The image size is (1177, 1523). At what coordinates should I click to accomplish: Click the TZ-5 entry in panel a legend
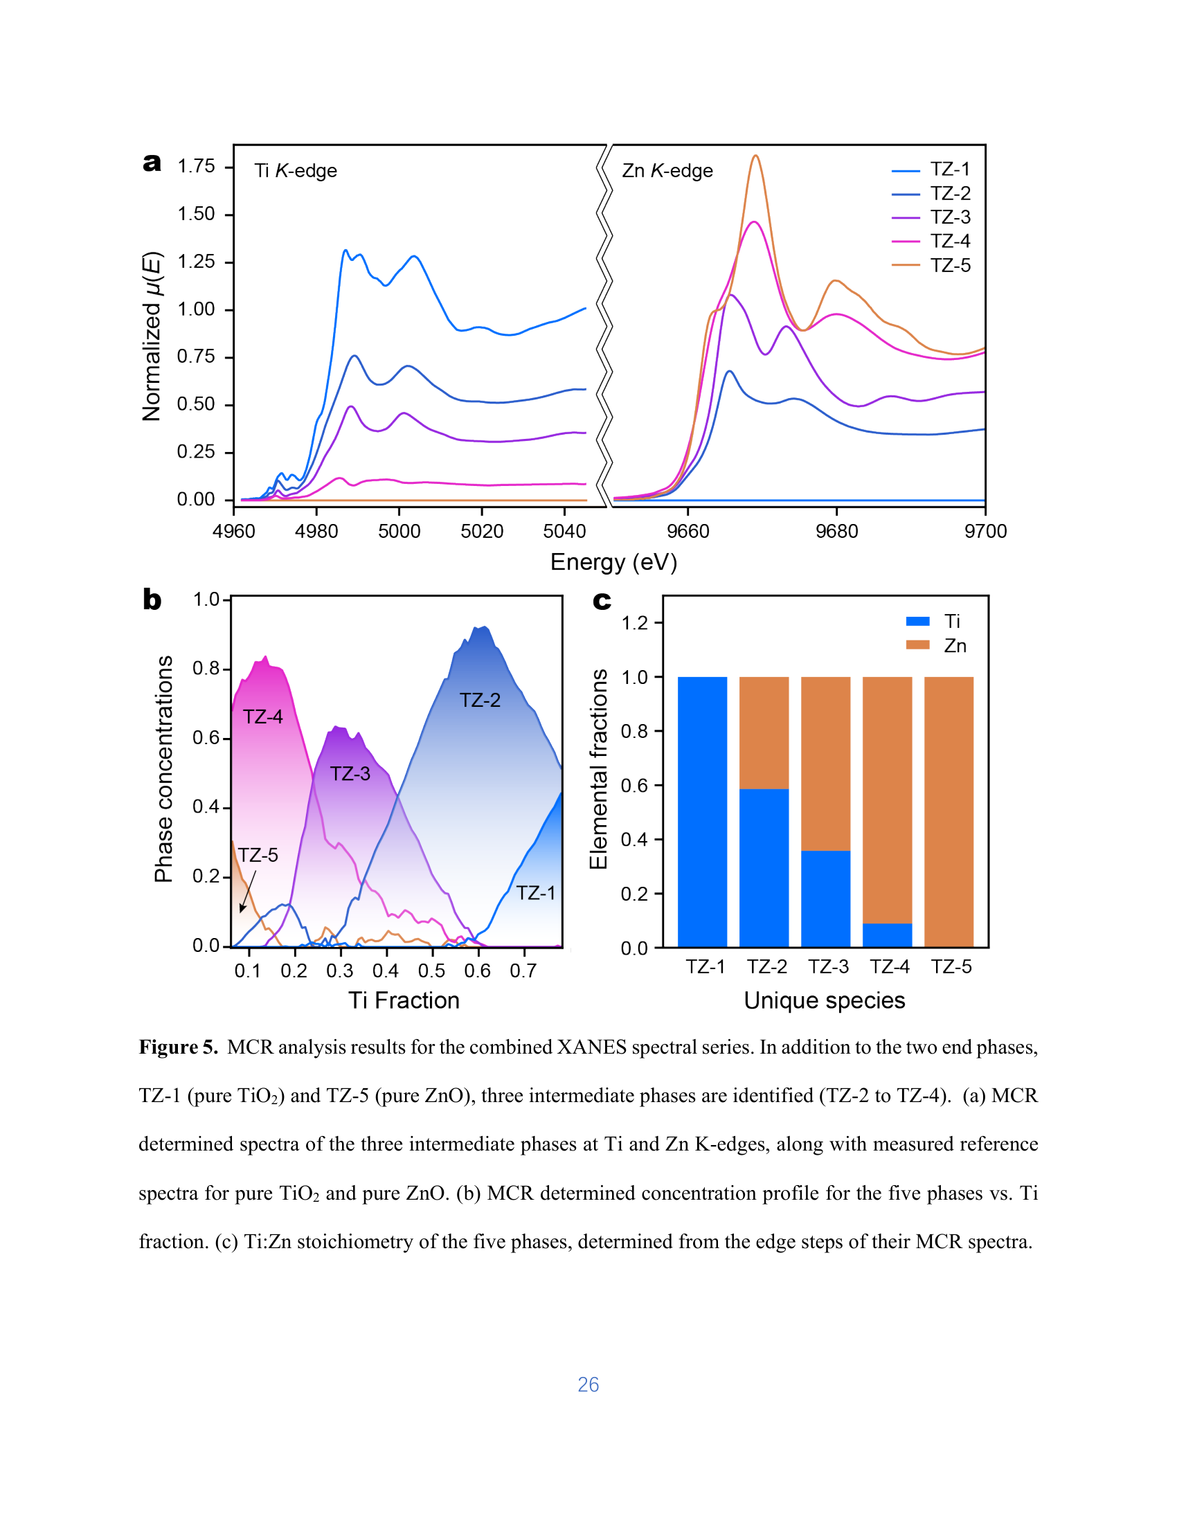click(930, 266)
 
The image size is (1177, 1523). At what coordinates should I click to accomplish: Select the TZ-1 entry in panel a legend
click(930, 170)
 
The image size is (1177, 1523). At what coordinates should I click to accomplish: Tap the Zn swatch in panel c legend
click(917, 645)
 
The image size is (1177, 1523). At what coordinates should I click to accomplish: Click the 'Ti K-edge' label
click(295, 171)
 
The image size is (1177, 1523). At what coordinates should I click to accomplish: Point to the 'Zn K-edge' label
click(667, 171)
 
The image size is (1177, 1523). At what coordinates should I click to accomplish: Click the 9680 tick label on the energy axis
click(837, 532)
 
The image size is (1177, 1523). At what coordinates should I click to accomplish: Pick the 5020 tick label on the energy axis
click(482, 532)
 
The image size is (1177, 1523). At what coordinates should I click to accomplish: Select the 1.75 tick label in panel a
click(196, 166)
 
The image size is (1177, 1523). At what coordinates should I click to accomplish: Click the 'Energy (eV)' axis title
click(613, 562)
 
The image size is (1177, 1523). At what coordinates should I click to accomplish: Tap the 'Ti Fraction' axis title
click(404, 1000)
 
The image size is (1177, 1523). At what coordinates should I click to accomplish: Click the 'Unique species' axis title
click(824, 1001)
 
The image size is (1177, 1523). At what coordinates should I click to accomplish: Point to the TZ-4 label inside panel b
click(263, 717)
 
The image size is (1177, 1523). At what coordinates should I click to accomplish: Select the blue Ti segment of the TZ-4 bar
click(887, 935)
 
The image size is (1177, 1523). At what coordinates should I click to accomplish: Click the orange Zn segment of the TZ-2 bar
click(764, 733)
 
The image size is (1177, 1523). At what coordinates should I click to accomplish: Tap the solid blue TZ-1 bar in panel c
click(702, 812)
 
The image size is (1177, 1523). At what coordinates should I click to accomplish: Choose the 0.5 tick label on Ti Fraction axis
click(431, 971)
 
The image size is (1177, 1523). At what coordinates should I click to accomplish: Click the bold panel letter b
click(152, 600)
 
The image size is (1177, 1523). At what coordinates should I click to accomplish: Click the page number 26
click(588, 1385)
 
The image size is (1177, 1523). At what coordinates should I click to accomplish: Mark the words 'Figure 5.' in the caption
click(179, 1047)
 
